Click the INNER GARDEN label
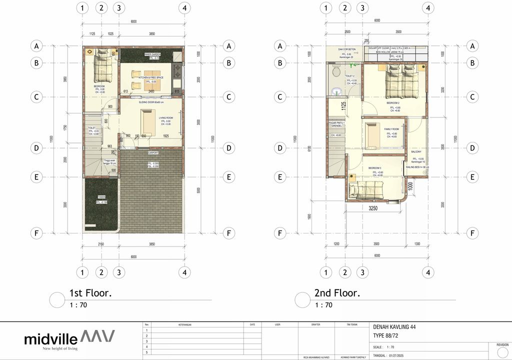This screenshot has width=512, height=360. coord(152,54)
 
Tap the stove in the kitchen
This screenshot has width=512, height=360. coord(177,75)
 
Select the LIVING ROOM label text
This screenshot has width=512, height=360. coord(165,118)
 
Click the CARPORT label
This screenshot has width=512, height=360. coord(152,153)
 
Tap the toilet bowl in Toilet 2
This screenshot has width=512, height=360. coord(335,72)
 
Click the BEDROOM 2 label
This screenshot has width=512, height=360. coord(393,103)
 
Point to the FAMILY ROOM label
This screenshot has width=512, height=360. coord(391,129)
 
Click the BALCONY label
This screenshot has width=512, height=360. coord(416,151)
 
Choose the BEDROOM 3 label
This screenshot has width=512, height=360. coord(375,168)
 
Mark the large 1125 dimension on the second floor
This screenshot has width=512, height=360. coord(344,106)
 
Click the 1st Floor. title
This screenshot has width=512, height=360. coord(90,293)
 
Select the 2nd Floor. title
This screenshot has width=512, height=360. coord(337,293)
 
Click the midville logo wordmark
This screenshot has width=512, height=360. coord(50,338)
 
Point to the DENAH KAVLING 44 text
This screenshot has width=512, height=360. coord(394,327)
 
